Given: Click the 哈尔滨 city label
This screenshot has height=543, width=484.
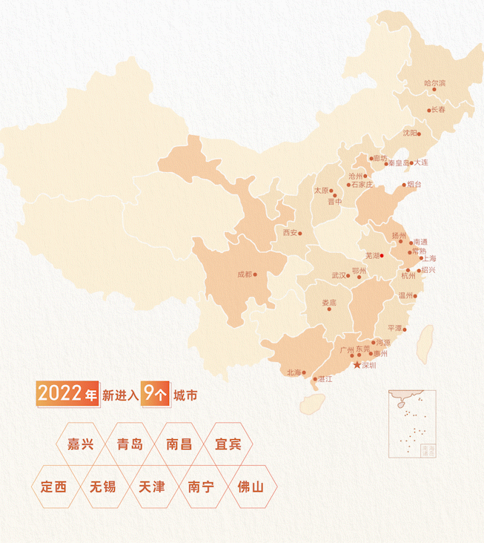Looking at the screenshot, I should pos(434,83).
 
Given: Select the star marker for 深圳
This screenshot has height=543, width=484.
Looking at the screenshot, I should pos(357,365).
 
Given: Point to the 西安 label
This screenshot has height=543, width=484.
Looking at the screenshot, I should pos(290,233).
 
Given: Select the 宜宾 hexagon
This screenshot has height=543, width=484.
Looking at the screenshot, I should pos(228,445).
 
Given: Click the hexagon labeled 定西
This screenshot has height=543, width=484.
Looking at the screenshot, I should pos(53,487).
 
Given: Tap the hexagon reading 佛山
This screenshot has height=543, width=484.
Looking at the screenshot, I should pos(251,487).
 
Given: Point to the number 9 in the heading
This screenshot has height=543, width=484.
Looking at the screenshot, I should pos(150,394).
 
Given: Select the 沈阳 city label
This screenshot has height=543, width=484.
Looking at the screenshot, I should pos(410,134).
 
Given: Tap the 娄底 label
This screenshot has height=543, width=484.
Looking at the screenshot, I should pos(329,303).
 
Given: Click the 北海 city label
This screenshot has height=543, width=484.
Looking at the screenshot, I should pos(294,372).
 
